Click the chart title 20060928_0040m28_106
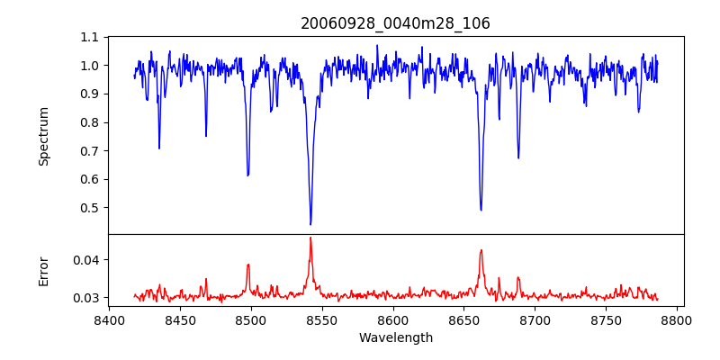395,23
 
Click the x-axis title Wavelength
395,337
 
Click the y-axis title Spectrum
43,136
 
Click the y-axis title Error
43,271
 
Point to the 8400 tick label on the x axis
109,319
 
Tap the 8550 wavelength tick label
322,319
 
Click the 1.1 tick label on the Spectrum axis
90,38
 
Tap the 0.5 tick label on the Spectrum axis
90,208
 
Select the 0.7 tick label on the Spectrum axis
90,151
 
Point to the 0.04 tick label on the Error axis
86,260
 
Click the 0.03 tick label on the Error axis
86,298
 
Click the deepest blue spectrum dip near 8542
310,224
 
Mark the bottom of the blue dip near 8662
481,210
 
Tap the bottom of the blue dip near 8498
247,175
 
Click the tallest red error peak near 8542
310,238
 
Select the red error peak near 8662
481,250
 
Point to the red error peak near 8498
247,265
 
